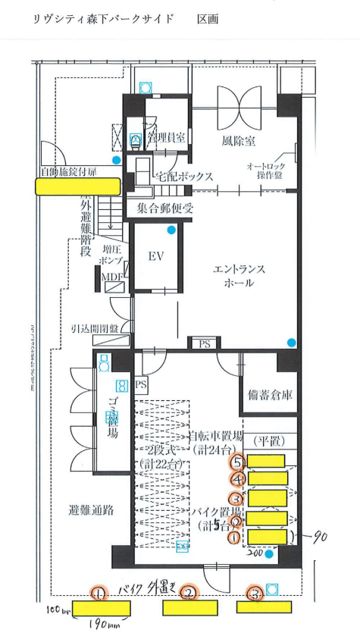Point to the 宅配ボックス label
pos(184,177)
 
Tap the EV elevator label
pos(155,256)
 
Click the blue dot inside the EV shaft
pos(172,229)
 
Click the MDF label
pos(112,276)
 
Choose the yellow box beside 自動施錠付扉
pos(78,186)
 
